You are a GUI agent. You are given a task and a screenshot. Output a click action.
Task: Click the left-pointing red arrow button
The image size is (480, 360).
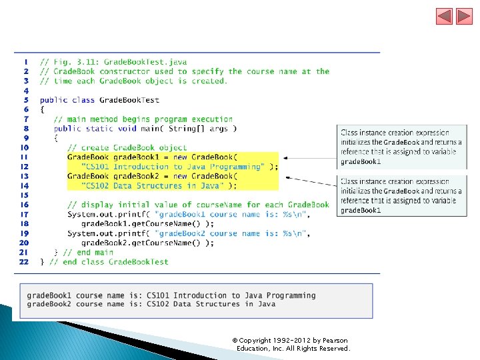444,17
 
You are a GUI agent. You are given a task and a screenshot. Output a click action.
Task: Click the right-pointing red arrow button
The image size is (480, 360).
464,17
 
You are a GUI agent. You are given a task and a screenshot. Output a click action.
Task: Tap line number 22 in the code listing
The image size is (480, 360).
24,262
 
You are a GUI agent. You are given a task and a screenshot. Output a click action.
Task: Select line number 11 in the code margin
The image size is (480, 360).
24,157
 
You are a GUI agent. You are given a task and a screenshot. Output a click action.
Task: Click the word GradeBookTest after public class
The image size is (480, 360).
129,100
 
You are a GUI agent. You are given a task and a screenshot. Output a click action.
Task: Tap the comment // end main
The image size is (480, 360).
89,253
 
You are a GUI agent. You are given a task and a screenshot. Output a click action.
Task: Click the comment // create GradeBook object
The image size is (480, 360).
127,147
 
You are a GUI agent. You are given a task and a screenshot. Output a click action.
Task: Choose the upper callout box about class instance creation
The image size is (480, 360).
401,147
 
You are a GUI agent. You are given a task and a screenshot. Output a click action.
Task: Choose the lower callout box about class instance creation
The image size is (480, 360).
401,195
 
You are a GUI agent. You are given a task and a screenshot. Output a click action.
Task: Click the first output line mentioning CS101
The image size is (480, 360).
171,295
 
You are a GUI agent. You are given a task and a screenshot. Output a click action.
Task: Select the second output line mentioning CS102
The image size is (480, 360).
151,304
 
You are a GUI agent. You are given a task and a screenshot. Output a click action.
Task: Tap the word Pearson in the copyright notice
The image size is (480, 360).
335,341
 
